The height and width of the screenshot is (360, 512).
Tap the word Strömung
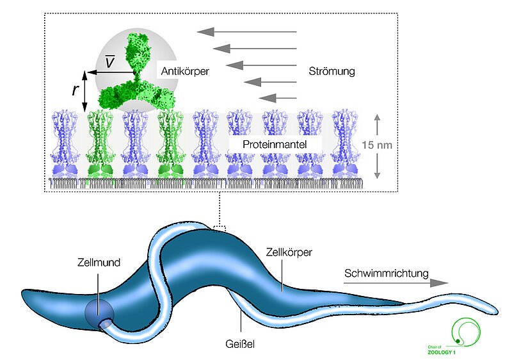click(x=331, y=71)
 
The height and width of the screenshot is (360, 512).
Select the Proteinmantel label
click(x=274, y=145)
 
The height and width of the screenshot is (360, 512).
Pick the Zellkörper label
click(x=289, y=252)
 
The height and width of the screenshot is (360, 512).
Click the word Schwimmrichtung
click(x=386, y=274)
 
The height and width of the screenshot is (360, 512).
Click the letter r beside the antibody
click(x=76, y=90)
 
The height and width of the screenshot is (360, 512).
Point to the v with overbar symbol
click(x=110, y=61)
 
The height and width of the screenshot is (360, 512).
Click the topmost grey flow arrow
click(x=246, y=31)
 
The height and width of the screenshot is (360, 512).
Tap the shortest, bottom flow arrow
click(x=278, y=98)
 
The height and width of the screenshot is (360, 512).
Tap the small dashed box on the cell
click(x=220, y=227)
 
